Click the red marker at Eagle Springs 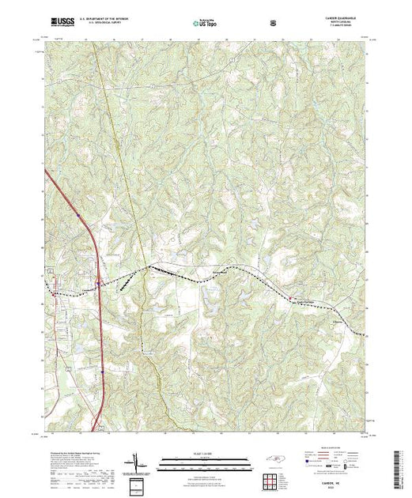[x=289, y=299]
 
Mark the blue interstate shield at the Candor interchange [x=97, y=282]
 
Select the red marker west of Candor [x=53, y=294]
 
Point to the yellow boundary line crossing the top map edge [x=92, y=44]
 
